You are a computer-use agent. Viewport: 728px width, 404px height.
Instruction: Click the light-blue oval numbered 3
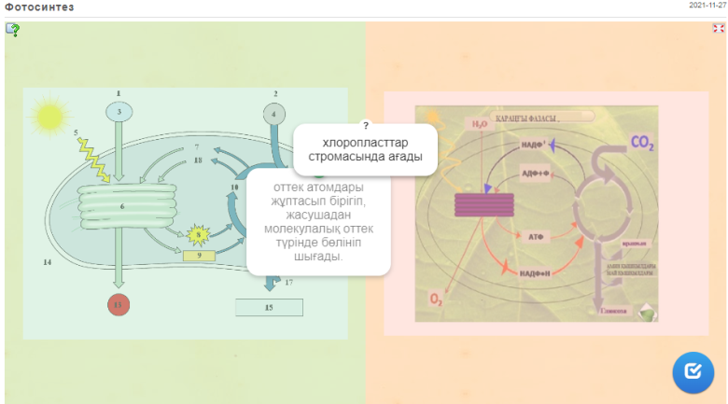(x=119, y=112)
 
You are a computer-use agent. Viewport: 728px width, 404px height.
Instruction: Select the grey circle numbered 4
(x=274, y=114)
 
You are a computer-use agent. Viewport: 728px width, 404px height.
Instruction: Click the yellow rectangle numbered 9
(x=199, y=255)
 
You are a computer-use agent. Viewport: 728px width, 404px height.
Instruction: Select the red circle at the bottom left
(x=118, y=305)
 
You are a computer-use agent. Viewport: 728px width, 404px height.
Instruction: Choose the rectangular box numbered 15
(x=269, y=306)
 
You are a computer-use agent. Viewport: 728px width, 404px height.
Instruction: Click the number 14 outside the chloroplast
(x=47, y=262)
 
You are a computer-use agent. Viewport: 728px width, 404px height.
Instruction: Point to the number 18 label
(x=198, y=160)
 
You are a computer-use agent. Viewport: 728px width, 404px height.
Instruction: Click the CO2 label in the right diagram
(x=643, y=144)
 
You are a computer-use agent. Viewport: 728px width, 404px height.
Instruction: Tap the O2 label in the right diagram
(x=436, y=299)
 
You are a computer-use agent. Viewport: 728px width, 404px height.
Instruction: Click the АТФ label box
(x=537, y=237)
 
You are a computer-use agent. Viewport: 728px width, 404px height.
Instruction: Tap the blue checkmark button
(x=693, y=371)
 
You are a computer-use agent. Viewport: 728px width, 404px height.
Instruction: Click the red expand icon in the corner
(x=718, y=29)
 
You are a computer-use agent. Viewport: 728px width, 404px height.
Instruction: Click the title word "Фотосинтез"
(x=39, y=7)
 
